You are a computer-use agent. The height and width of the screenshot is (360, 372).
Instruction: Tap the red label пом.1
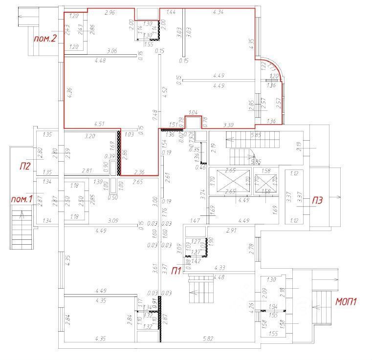(22, 199)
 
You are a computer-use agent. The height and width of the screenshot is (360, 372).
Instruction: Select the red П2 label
(25, 166)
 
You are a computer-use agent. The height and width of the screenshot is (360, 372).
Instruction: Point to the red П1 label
(176, 270)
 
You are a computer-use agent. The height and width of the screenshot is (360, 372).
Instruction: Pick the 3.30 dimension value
(229, 125)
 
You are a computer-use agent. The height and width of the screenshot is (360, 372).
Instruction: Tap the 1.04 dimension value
(193, 112)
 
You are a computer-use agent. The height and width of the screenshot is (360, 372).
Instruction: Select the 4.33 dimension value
(219, 268)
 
